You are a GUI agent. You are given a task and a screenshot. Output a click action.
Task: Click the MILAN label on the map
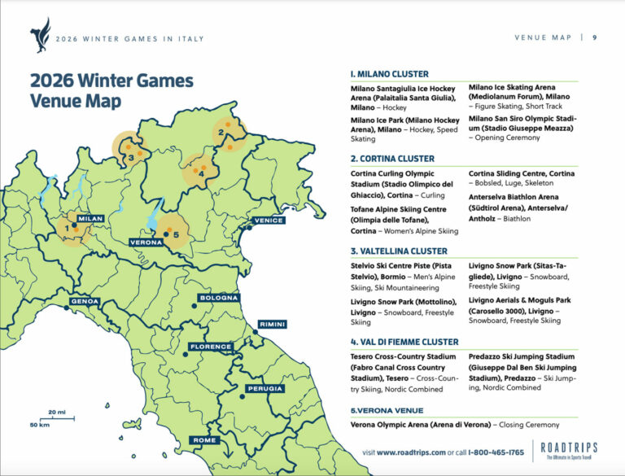(x=90, y=219)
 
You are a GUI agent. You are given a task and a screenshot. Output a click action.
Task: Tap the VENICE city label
(x=268, y=221)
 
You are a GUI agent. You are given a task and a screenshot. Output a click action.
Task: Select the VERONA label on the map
(x=146, y=242)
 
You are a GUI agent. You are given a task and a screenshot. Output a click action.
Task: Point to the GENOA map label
(x=85, y=301)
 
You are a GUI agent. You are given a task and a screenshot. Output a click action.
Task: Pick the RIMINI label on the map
(x=272, y=325)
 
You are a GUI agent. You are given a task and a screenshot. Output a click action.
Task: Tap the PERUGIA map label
(x=264, y=389)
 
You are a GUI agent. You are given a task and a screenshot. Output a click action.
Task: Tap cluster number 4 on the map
(x=190, y=170)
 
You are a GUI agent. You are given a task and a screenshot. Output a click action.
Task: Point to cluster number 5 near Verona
(x=176, y=234)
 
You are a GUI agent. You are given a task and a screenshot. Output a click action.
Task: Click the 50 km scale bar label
(x=39, y=425)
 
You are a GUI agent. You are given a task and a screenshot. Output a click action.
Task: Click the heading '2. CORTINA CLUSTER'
(x=392, y=159)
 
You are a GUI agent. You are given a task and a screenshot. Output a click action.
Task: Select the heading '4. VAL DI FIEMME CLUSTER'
(x=404, y=342)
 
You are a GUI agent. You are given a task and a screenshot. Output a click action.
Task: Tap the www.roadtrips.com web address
(x=411, y=452)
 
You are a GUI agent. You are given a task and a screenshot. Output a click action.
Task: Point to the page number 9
(x=595, y=37)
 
